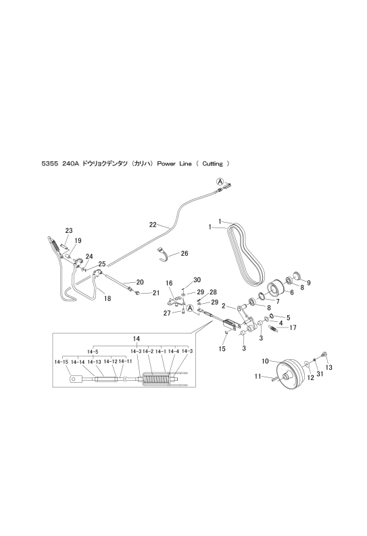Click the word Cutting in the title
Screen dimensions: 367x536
pos(212,164)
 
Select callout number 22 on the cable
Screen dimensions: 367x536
pos(153,225)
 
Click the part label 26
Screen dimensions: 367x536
pos(185,254)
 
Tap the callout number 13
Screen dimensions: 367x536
pos(329,367)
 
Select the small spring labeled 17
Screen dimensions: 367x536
pos(274,329)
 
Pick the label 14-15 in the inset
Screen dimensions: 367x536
pos(62,362)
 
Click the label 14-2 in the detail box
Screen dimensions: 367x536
pos(147,351)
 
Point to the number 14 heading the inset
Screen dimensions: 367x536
pos(137,338)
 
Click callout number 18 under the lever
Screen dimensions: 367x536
pos(107,298)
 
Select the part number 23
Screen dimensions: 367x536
pos(69,231)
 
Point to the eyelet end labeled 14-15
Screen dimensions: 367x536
pos(76,379)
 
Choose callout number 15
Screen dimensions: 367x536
pos(222,349)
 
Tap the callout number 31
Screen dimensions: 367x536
pos(320,374)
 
